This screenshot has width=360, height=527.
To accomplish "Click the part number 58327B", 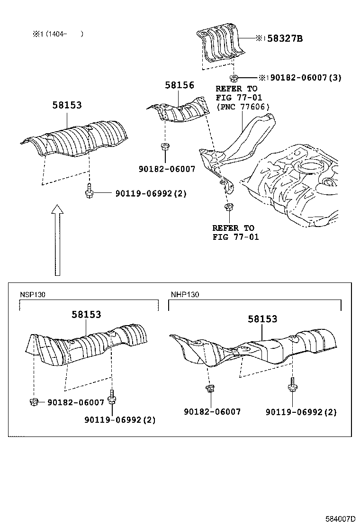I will pos(284,38).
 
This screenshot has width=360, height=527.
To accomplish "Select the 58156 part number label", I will pos(180,85).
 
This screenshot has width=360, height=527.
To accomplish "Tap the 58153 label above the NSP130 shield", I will pos(86,314).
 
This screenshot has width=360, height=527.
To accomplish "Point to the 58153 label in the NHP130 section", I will pos(262,319).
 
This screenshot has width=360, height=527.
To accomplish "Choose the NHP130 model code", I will pos(185,294).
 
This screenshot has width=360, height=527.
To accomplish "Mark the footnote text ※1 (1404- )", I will pos(57,34).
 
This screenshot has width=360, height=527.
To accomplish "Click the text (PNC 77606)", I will pos(243,107).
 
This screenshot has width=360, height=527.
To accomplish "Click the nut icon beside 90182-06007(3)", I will pos(234,77).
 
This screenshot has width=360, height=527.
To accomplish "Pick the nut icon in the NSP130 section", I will pos(34,402).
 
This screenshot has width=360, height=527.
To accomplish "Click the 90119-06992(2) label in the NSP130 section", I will pos(120,419).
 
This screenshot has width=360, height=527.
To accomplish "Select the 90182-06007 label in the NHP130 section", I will pos(212,412).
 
